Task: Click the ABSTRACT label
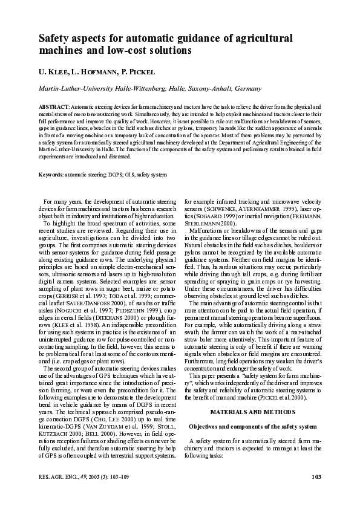pos(54,106)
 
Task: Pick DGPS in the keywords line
pos(115,175)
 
